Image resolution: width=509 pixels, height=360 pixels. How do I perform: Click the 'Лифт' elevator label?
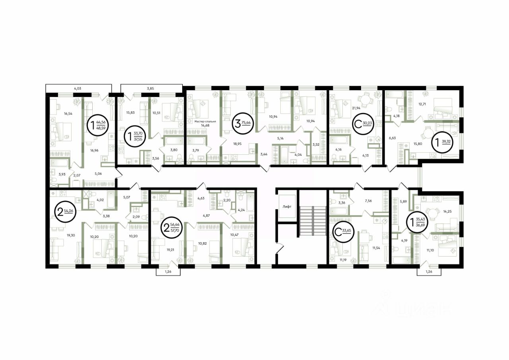coord(287,207)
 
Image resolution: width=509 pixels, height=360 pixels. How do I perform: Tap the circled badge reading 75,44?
coord(242,124)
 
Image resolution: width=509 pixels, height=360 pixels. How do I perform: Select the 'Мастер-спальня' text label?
coord(205,122)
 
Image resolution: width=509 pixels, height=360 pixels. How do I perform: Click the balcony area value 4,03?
coord(78,88)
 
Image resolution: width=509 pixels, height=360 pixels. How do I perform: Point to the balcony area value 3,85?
coord(150,88)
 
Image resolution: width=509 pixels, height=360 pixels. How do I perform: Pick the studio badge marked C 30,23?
coord(363,124)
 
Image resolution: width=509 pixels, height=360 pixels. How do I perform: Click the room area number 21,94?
coord(356,108)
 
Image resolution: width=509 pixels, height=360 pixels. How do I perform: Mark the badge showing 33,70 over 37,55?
coord(136,136)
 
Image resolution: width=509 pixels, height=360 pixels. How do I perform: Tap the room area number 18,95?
coord(237,144)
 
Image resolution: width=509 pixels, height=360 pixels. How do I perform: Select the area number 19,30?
coord(71,235)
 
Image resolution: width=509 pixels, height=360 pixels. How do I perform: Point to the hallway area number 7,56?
coord(368,200)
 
